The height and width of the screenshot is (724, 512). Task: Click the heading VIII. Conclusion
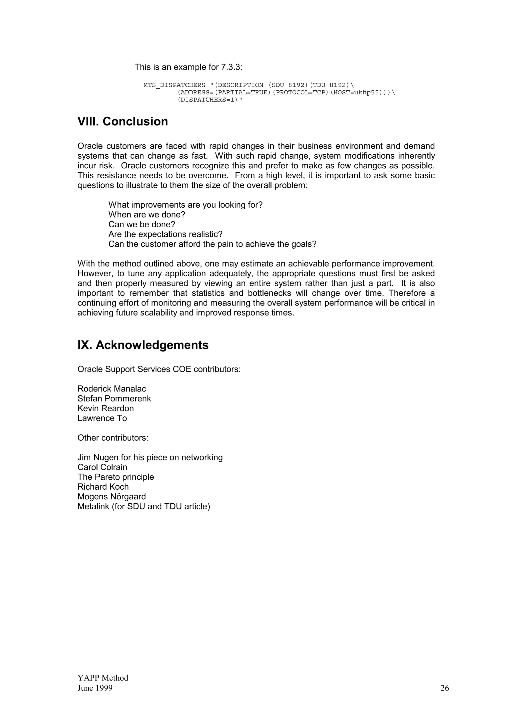pyautogui.click(x=123, y=122)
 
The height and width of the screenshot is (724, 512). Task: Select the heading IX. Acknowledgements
pyautogui.click(x=143, y=345)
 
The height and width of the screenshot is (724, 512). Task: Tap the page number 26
pyautogui.click(x=444, y=688)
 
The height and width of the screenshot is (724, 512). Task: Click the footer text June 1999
pyautogui.click(x=95, y=688)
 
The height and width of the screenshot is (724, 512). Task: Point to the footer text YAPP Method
pyautogui.click(x=103, y=678)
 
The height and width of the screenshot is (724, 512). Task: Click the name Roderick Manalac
pyautogui.click(x=112, y=389)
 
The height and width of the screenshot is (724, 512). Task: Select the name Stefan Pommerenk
pyautogui.click(x=114, y=398)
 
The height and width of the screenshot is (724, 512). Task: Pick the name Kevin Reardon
pyautogui.click(x=106, y=408)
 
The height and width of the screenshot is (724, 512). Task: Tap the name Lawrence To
pyautogui.click(x=102, y=418)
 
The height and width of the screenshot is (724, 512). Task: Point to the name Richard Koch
pyautogui.click(x=103, y=487)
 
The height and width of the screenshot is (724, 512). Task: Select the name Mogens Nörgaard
pyautogui.click(x=112, y=497)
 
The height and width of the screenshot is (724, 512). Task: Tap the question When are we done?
pyautogui.click(x=147, y=215)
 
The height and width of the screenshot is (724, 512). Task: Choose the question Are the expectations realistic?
pyautogui.click(x=165, y=234)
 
